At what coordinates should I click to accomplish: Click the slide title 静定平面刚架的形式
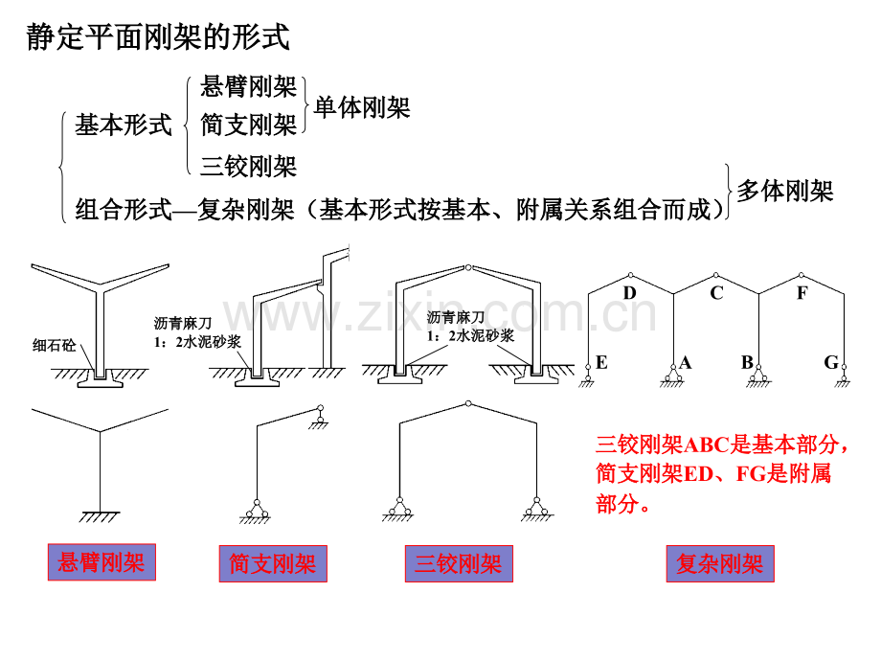coord(158,37)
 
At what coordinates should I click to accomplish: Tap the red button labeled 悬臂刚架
coord(102,562)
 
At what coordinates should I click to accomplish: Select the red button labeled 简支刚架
coord(273,563)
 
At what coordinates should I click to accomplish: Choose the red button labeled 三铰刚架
coord(459,563)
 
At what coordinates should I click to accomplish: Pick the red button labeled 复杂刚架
coord(720,563)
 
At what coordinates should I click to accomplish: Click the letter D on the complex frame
coord(629,293)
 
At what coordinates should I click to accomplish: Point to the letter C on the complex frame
coord(716,293)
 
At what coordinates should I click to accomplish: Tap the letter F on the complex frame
coord(802,293)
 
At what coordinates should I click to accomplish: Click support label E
coord(601,362)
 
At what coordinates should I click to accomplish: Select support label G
coord(831,362)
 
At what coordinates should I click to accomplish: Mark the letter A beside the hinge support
coord(686,362)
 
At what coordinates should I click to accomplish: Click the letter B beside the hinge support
coord(747,362)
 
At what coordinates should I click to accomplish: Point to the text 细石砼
coord(54,345)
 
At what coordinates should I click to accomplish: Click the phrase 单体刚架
coord(362,107)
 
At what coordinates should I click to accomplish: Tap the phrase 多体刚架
coord(785,191)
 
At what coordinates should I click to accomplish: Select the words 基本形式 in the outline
coord(124,125)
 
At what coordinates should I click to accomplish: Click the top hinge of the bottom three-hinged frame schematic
coord(468,403)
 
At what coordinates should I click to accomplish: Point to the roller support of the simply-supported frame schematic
coord(320,417)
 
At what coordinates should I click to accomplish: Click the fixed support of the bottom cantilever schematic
coord(100,517)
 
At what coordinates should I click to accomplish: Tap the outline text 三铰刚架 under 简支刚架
coord(248,167)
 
